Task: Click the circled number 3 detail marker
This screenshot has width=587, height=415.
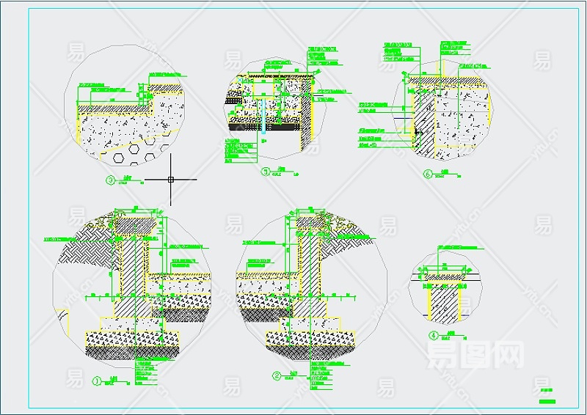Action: (x=111, y=180)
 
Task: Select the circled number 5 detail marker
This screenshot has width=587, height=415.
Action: (x=265, y=172)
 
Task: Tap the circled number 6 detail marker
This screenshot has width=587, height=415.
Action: (x=429, y=175)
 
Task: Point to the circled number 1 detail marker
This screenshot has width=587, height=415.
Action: (x=96, y=381)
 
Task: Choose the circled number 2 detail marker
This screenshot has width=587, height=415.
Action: (x=277, y=376)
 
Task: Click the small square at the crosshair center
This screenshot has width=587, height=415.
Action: (x=171, y=178)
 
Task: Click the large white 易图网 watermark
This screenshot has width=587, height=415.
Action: (x=475, y=358)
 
